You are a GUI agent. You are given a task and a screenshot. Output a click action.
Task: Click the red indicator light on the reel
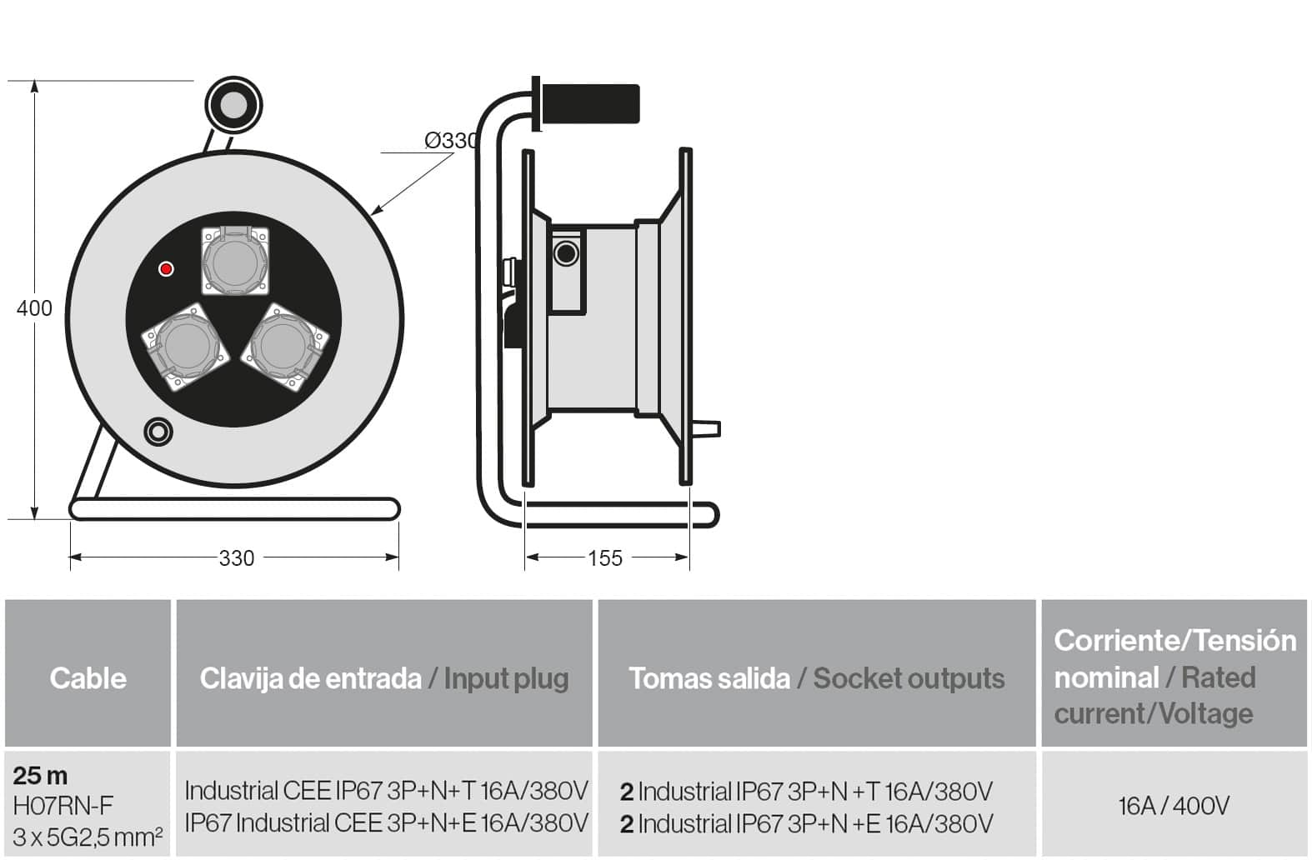click(167, 268)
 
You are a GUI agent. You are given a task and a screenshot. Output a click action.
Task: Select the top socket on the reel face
click(235, 261)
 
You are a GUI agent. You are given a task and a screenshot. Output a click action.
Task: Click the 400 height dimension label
click(34, 308)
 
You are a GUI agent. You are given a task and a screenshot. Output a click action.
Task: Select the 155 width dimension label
click(605, 558)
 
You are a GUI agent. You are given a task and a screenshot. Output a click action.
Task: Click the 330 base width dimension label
click(237, 558)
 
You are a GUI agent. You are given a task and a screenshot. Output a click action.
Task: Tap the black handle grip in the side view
click(590, 103)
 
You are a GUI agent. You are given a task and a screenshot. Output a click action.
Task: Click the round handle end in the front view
click(233, 105)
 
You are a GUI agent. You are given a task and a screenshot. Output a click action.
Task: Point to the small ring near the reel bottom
click(158, 432)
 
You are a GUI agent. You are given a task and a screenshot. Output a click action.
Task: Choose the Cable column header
click(88, 678)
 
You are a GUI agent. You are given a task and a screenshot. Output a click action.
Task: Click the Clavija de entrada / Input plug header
click(384, 679)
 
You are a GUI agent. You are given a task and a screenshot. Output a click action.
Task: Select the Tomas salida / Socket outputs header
click(817, 679)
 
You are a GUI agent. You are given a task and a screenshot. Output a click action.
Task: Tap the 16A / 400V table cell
click(1174, 806)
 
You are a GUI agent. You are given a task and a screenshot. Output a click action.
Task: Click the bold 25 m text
click(40, 776)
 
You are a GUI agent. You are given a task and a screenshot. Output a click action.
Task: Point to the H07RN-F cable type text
click(63, 806)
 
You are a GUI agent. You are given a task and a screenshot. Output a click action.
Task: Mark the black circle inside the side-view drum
click(566, 253)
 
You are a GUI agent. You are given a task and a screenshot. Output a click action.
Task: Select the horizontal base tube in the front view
click(234, 508)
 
